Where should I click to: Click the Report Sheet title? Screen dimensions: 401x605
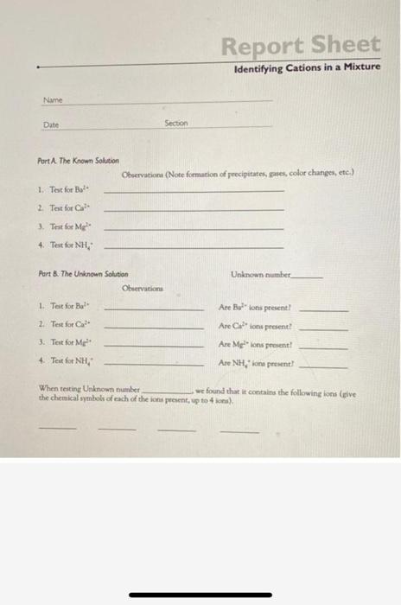(299, 45)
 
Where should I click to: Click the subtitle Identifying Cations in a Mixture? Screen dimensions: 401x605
(307, 67)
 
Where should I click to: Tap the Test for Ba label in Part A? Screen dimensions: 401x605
(60, 189)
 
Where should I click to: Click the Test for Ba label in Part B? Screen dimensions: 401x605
(60, 307)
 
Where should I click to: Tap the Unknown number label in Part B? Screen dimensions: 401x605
(263, 274)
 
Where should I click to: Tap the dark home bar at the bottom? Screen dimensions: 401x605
(200, 595)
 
